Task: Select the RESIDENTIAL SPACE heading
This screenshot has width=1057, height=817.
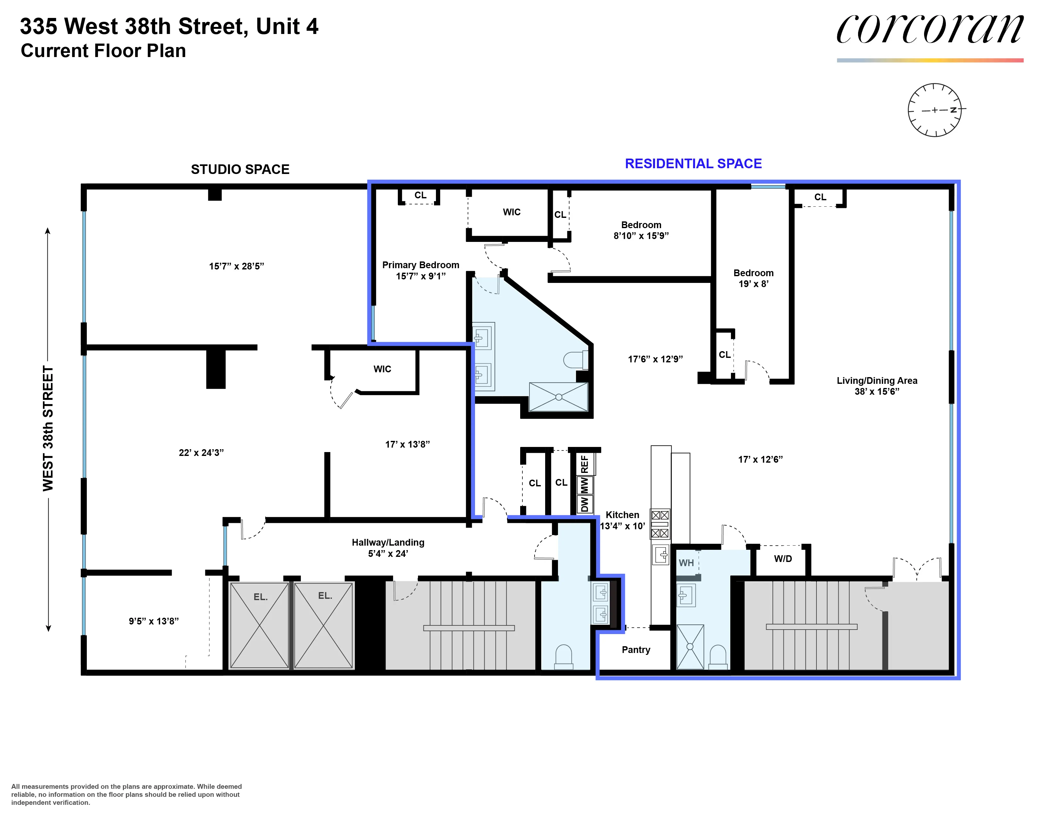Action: coord(693,164)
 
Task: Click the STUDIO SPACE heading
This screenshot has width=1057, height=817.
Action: coord(240,169)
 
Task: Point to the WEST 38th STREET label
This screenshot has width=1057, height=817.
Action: coord(48,428)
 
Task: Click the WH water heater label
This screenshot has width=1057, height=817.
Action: coord(686,563)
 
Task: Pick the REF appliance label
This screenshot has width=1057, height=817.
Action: coord(585,464)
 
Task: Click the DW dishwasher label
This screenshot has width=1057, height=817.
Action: coord(585,504)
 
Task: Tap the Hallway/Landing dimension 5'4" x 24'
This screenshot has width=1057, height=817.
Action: coord(388,554)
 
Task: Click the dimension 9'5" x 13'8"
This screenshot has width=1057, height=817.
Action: coord(153,621)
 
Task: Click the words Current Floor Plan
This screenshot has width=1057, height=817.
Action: coord(103,51)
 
